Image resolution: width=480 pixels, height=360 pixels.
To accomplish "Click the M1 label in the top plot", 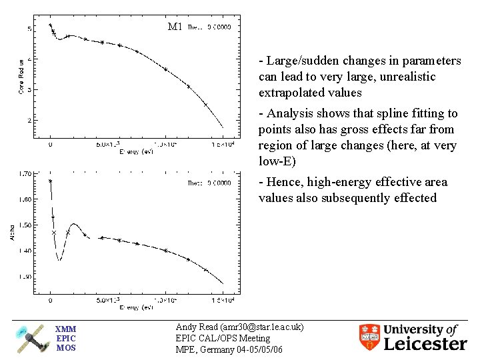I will [175, 27].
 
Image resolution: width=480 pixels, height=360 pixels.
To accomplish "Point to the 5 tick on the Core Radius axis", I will [29, 29].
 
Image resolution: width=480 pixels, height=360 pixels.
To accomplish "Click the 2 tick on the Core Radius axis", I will [29, 121].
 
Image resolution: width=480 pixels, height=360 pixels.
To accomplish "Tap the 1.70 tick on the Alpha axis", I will [25, 173].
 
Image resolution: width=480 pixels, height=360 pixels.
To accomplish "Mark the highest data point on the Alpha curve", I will [51, 181].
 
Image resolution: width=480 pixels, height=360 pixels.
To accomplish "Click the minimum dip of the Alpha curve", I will [59, 260].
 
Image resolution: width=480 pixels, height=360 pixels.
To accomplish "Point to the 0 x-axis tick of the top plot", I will [50, 144].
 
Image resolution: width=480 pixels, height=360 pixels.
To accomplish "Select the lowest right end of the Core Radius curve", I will [223, 127].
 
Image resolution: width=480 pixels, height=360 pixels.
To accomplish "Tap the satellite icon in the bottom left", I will [32, 338].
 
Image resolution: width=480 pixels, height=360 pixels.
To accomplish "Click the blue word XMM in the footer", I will [66, 329].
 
